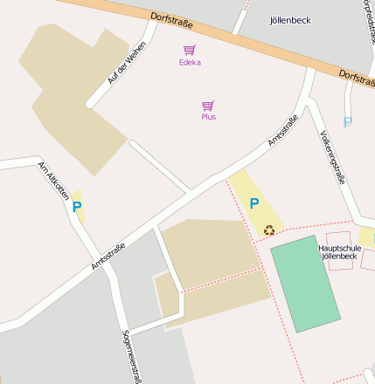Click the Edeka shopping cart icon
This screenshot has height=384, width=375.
[x=189, y=51]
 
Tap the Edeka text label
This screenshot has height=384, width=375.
[x=189, y=63]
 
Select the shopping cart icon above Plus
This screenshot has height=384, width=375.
[x=208, y=105]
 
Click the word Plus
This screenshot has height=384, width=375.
[x=208, y=117]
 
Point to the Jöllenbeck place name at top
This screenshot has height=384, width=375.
[x=290, y=19]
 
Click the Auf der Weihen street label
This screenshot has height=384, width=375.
[x=127, y=64]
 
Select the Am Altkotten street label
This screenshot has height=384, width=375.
[x=53, y=181]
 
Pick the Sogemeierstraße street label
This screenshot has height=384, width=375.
[x=132, y=356]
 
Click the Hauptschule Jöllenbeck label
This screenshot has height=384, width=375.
[x=338, y=252]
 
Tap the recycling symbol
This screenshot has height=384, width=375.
[x=269, y=230]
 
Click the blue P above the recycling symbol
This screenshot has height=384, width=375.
[x=254, y=203]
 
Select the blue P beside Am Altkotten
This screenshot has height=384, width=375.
[x=77, y=207]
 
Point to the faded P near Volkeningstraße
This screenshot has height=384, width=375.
[x=348, y=123]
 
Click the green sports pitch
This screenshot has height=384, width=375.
[x=304, y=284]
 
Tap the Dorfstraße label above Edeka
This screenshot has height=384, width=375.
[x=170, y=21]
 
